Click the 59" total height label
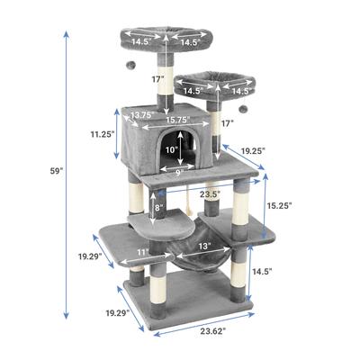coord(57,172)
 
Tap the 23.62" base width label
coord(213,331)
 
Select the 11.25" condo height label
coord(103,134)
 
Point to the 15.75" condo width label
coord(178,120)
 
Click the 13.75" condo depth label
coord(142,114)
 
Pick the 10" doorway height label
coord(171,149)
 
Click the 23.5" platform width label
coord(211,194)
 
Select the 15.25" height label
coord(279,206)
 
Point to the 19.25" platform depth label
coord(254,151)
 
